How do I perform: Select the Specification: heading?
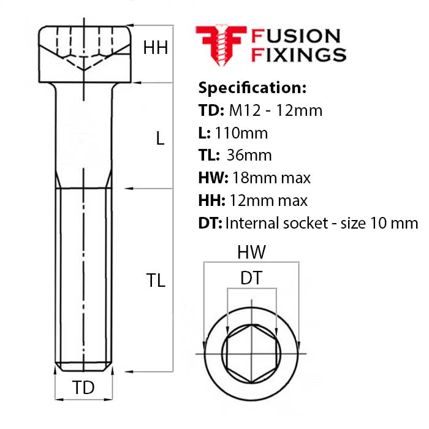(252, 88)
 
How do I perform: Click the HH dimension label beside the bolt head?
(156, 48)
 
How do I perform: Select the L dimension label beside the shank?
(160, 139)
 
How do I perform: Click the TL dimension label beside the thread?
(156, 281)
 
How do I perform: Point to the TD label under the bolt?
(84, 387)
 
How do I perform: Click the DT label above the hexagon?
(251, 278)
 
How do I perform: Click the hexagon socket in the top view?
(251, 354)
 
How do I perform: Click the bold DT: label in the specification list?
(210, 223)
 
